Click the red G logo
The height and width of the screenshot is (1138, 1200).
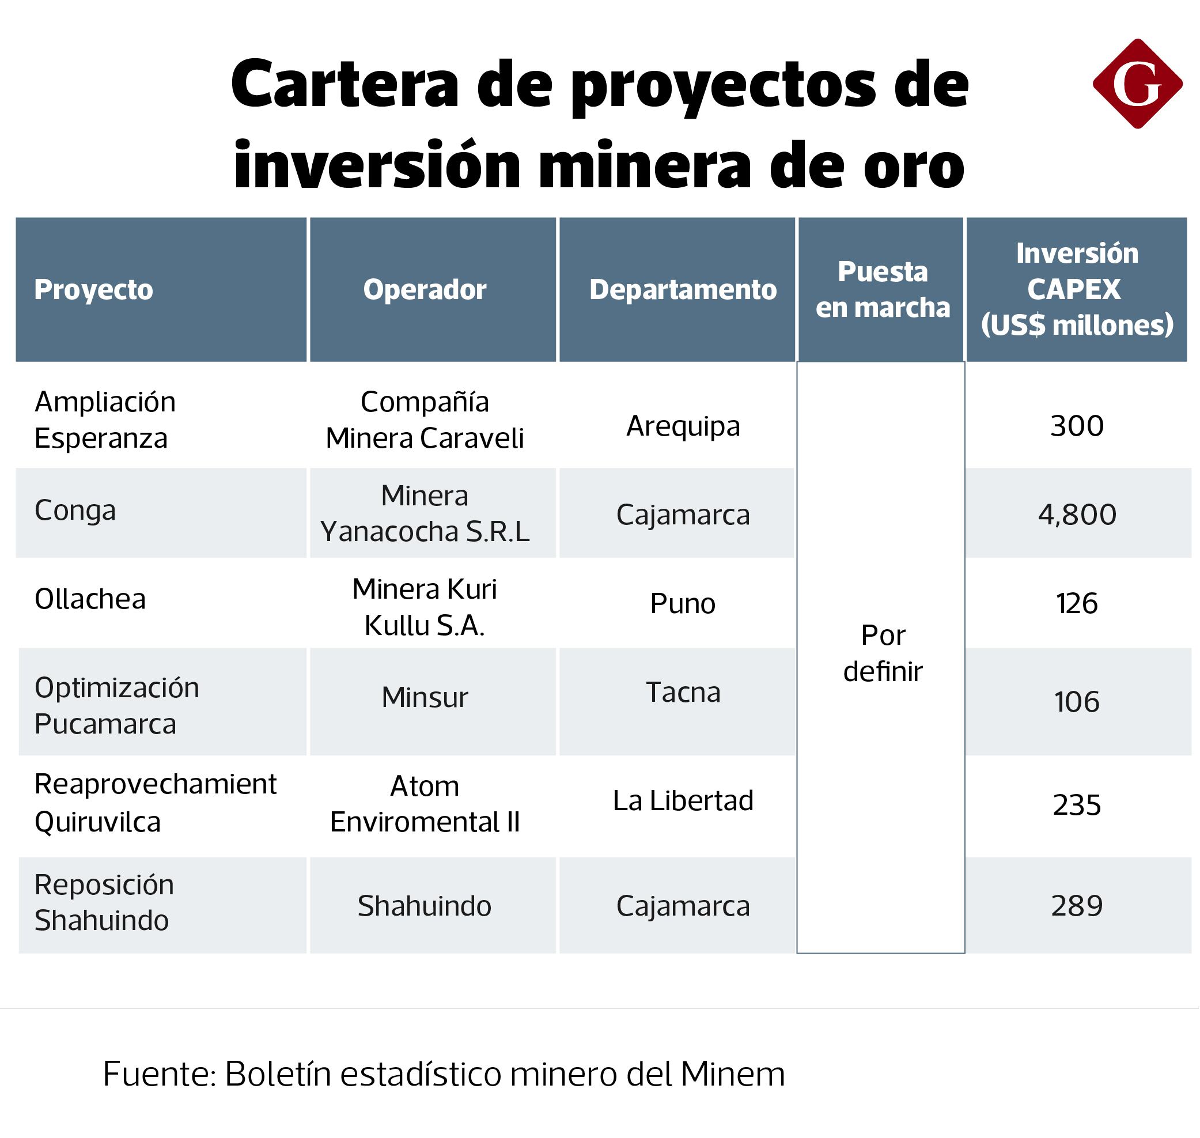pos(1137,84)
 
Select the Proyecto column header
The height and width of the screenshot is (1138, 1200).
pos(93,289)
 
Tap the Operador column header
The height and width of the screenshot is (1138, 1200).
pos(425,289)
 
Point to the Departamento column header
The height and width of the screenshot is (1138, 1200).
pos(683,289)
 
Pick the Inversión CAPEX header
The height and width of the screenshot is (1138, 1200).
pos(1077,289)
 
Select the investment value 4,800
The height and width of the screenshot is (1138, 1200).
pos(1077,515)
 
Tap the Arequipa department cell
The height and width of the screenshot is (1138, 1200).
pos(683,426)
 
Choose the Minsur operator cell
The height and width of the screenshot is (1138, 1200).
pos(425,697)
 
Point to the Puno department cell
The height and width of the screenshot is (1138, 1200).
pos(683,604)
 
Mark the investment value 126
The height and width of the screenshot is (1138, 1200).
pos(1077,604)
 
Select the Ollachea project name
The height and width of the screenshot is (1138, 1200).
pos(90,599)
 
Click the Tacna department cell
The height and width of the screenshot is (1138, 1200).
pos(683,692)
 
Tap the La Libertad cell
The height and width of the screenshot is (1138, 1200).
pos(683,801)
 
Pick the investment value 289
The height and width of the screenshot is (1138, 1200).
pos(1077,906)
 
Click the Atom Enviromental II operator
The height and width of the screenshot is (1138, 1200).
pos(425,804)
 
